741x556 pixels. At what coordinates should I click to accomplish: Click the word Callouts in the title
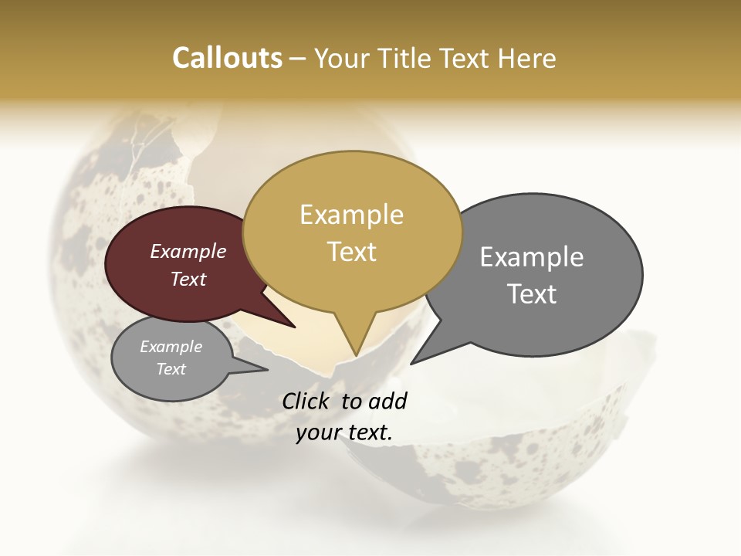point(227,58)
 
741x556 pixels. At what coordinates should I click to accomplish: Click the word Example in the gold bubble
point(351,215)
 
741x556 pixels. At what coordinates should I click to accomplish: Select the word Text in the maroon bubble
point(188,279)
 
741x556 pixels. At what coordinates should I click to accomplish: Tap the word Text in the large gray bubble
point(532,294)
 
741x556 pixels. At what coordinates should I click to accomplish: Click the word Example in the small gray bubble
point(171,347)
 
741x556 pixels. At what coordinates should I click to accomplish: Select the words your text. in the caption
point(344,432)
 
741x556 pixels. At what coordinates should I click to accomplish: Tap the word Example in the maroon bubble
point(188,251)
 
